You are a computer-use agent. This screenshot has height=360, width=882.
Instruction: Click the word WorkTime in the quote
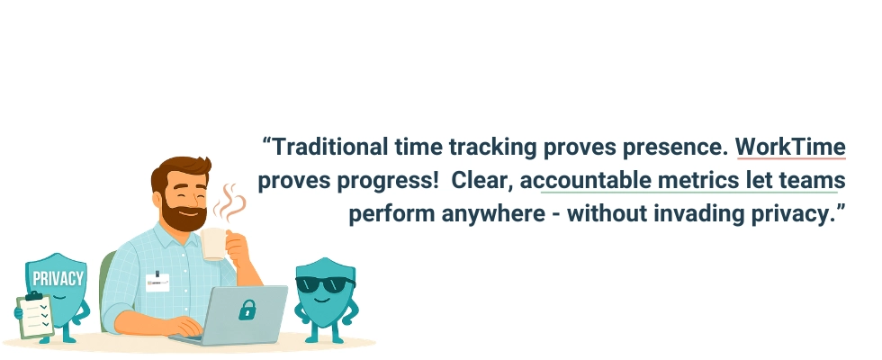point(790,147)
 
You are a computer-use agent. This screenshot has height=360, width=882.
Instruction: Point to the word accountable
point(595,180)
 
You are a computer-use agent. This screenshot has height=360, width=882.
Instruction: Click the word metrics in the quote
point(703,180)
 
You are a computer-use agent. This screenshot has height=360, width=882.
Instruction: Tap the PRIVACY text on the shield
point(57,278)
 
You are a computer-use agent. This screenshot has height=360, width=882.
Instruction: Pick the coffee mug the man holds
point(215,243)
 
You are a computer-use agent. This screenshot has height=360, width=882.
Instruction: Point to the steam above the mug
point(231,202)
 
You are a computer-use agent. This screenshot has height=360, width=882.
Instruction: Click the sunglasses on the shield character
point(325,284)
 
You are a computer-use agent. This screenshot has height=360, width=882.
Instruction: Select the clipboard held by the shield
point(35,315)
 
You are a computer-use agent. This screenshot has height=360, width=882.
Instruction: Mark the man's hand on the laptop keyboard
point(184,327)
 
